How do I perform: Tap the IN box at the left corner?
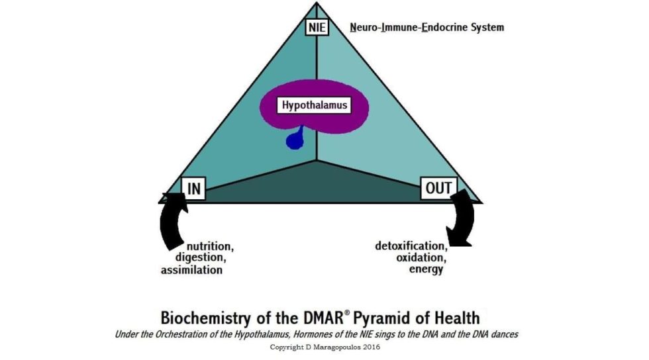[x=193, y=189]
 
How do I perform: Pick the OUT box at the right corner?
[x=438, y=188]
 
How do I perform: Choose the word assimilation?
[x=191, y=269]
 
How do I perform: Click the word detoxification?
[x=411, y=246]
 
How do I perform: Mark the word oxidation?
[x=421, y=257]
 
